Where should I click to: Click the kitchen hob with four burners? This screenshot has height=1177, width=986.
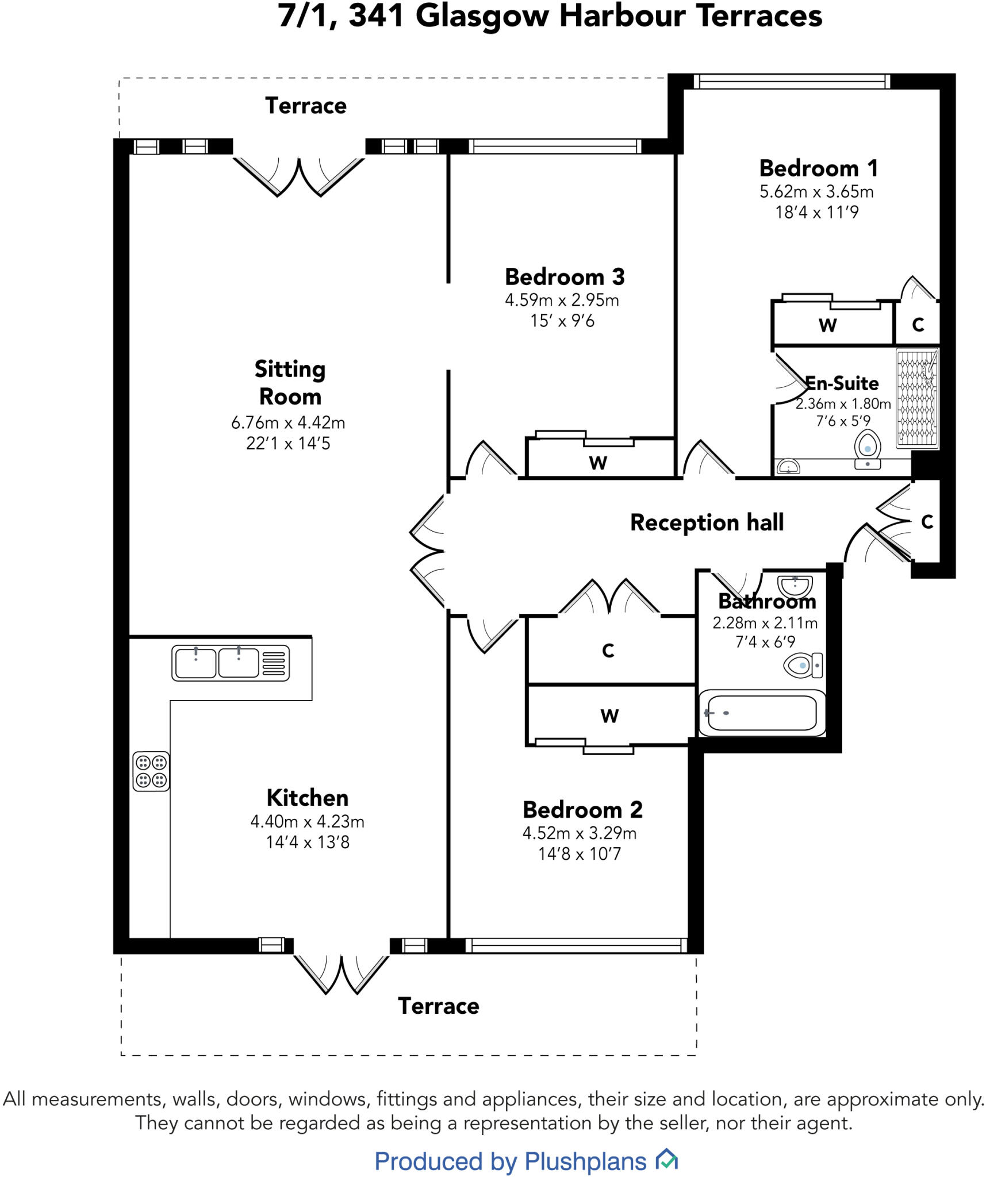(x=151, y=771)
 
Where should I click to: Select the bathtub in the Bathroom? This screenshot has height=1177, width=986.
(x=761, y=713)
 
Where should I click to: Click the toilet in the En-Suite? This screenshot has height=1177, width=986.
(x=868, y=449)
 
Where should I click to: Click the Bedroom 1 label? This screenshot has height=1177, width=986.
(x=819, y=168)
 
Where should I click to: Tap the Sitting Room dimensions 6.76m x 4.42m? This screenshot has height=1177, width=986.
(x=288, y=422)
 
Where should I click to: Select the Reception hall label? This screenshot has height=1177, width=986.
(x=707, y=522)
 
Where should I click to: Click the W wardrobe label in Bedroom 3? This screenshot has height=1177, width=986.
(x=598, y=463)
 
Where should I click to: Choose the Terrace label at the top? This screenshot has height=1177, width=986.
(x=305, y=106)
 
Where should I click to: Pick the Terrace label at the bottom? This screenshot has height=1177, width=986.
(x=438, y=1006)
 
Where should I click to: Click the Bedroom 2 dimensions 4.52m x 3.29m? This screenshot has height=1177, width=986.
(x=579, y=833)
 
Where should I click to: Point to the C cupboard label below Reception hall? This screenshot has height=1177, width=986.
(x=608, y=651)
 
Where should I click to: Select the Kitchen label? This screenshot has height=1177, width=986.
(x=308, y=798)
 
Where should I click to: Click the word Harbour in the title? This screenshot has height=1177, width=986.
(x=623, y=16)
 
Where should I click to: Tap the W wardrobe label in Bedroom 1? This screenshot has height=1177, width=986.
(x=827, y=325)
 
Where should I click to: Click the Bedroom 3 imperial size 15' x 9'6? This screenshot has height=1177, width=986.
(x=562, y=321)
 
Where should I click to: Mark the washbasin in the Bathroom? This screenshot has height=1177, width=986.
(x=795, y=586)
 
